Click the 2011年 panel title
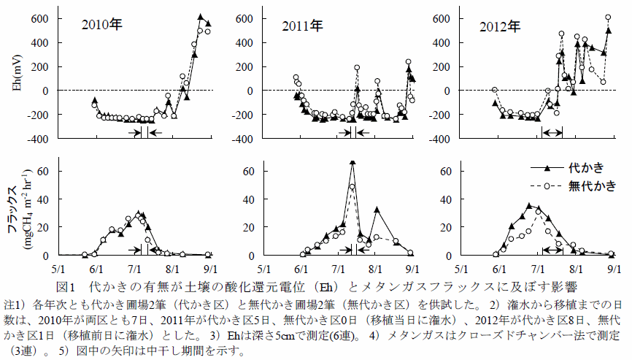[303, 27]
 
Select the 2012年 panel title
[500, 27]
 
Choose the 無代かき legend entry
[592, 185]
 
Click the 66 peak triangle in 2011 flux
[352, 163]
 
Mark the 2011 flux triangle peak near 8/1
[377, 210]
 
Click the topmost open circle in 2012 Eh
[608, 17]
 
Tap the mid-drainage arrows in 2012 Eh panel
[552, 131]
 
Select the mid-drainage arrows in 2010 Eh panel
[144, 132]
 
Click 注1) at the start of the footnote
[16, 302]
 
